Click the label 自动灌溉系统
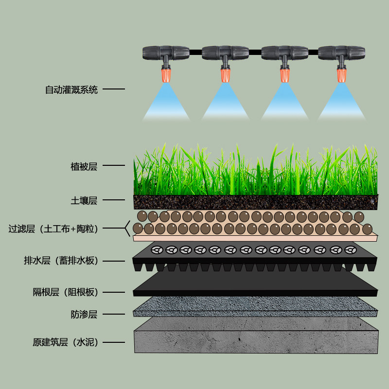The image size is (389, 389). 71,90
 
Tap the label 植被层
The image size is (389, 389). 84,167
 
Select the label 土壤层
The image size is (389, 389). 84,200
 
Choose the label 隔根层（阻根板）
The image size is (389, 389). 65,292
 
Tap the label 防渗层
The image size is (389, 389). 84,315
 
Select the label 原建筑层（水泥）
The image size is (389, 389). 65,342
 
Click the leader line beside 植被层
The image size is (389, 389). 114,165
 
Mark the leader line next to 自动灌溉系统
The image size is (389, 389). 114,89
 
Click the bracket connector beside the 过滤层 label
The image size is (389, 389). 127,227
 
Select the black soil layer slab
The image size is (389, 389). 255,202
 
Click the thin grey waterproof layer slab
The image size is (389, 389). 255,306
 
